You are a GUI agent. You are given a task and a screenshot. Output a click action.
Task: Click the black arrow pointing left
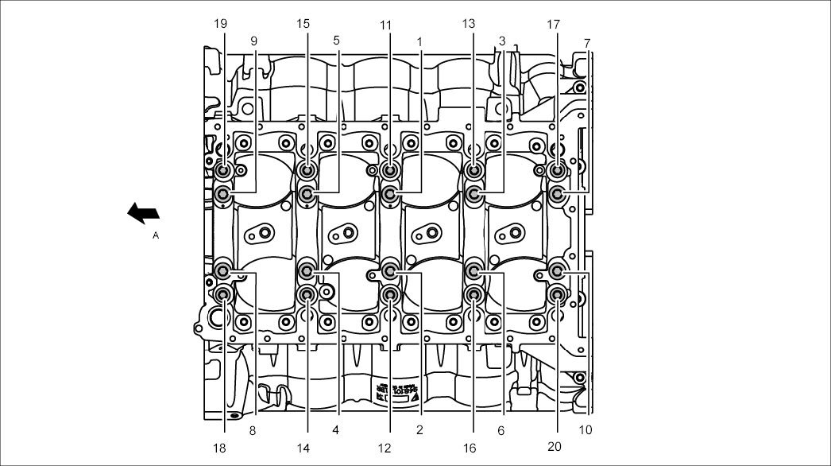pos(143,213)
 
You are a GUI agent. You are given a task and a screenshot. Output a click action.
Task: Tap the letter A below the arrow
pos(156,236)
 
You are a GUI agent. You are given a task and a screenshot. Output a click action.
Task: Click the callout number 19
pos(221,24)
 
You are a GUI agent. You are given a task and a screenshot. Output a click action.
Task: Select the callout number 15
pos(303,24)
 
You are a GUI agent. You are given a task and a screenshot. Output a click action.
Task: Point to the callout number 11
pos(386,25)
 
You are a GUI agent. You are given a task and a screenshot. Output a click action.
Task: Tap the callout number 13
pos(469,24)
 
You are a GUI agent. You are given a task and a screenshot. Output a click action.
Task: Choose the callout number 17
pos(554,24)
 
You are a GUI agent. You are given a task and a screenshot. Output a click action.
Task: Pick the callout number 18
pos(220,449)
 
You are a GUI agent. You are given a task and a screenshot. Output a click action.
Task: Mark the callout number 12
pos(385,449)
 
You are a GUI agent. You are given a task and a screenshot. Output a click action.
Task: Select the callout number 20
pos(555,447)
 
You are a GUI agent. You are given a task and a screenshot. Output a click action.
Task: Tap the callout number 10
pos(586,430)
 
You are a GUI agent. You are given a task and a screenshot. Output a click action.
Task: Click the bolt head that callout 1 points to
pos(390,193)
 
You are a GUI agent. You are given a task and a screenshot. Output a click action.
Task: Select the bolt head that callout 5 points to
pos(307,193)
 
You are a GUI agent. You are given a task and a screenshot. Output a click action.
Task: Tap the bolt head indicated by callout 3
pos(473,193)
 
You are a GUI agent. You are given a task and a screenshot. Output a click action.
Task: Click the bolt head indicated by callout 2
pos(390,271)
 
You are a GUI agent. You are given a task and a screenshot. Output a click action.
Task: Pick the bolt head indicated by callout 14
pos(307,295)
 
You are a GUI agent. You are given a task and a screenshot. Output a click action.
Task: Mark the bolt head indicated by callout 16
pos(473,295)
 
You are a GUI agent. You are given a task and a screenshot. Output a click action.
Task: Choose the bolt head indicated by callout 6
pos(473,271)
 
